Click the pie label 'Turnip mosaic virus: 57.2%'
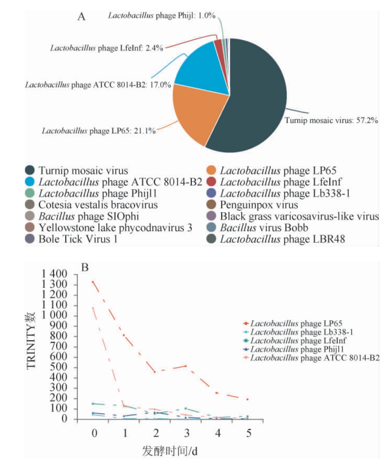[x=331, y=121]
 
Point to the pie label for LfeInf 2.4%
[x=107, y=48]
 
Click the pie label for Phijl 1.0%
[x=161, y=15]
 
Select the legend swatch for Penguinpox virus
[x=211, y=205]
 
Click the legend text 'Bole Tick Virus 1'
[x=78, y=239]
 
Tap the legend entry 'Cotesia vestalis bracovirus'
[x=98, y=205]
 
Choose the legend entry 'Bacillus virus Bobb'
[x=264, y=228]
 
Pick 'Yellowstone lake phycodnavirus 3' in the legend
[x=115, y=228]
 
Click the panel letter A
[x=81, y=16]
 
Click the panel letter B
[x=85, y=267]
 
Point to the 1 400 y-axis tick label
[x=54, y=274]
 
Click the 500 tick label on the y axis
[x=59, y=367]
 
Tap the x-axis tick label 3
[x=187, y=433]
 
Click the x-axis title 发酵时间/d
[x=170, y=451]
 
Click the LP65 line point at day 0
[x=93, y=281]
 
